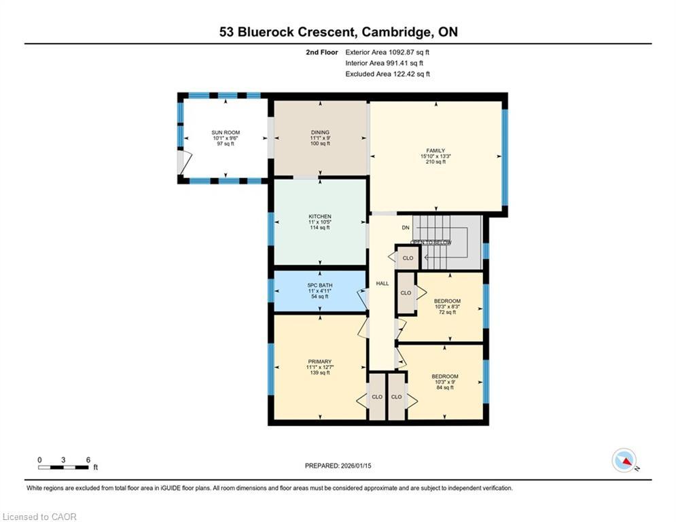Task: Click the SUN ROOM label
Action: coord(226,133)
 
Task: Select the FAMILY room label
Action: coord(435,150)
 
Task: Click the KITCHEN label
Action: coord(319,217)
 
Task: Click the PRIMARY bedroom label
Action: coord(319,362)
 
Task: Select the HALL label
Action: coord(383,283)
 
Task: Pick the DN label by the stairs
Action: coord(406,228)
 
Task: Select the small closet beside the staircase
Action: coord(408,258)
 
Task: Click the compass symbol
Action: coord(623,460)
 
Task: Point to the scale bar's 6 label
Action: coord(88,459)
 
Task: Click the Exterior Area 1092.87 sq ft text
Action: coord(387,52)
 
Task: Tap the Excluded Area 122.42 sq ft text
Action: coord(387,74)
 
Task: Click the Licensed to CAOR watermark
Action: coord(39,517)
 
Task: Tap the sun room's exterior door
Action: coord(182,161)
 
